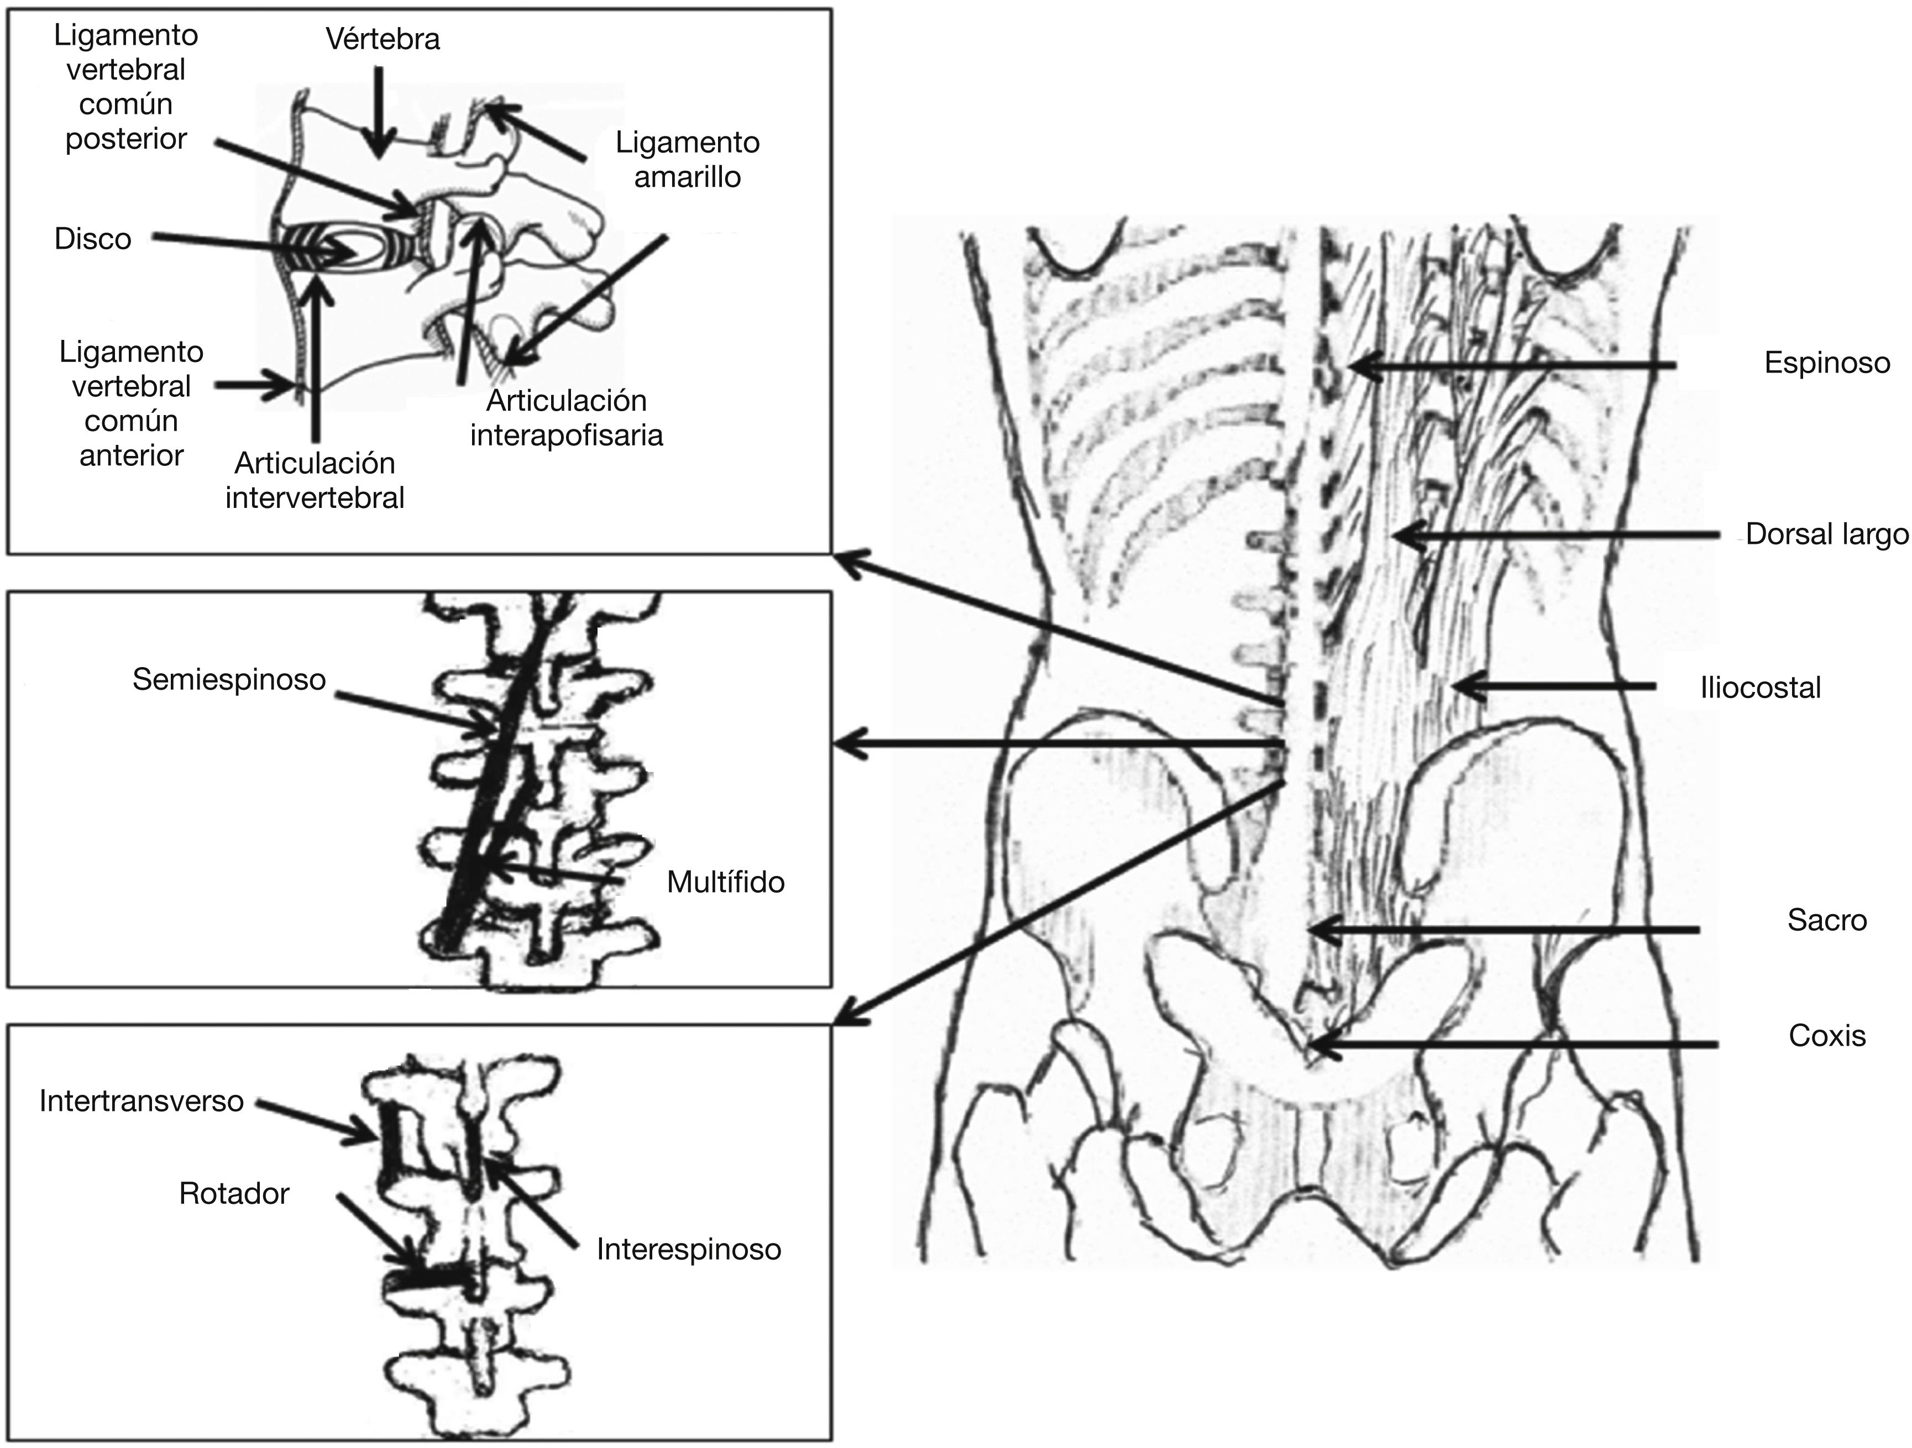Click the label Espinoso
coord(1826,363)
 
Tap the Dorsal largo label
coord(1826,534)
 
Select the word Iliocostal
coord(1760,688)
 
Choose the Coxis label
coord(1826,1036)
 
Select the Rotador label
coord(234,1194)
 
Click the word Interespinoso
coord(689,1249)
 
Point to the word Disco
coord(92,239)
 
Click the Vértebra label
coord(383,39)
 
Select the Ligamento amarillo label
coord(687,160)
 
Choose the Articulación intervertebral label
coord(315,481)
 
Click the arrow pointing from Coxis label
coord(1513,1045)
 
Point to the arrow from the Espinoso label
coord(1513,366)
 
